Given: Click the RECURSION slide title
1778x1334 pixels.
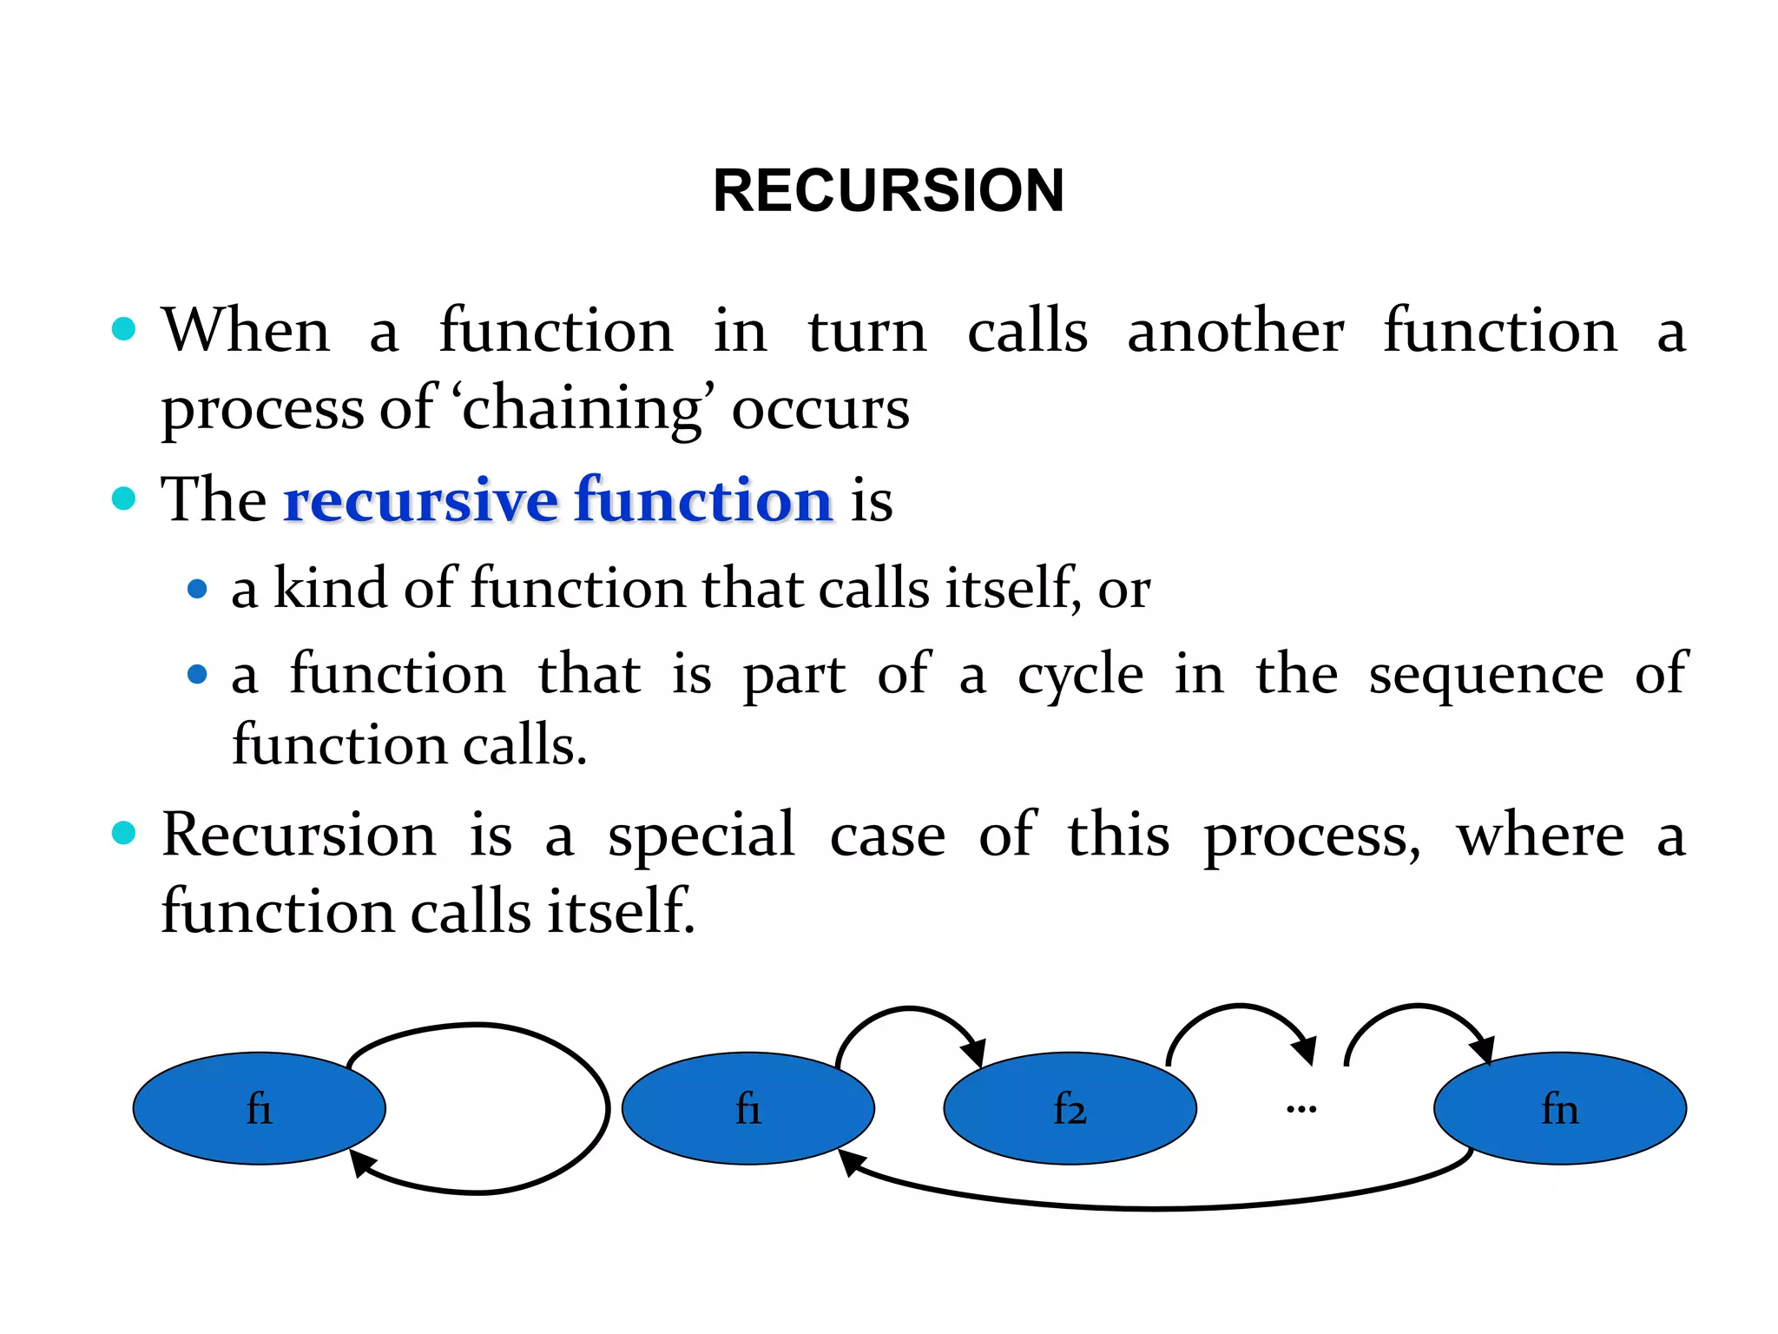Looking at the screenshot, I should click(888, 190).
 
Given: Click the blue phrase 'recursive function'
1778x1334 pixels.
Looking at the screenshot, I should click(558, 500).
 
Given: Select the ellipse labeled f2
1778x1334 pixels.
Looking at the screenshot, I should click(1070, 1108).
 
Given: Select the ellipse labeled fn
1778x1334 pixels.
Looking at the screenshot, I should click(1559, 1108).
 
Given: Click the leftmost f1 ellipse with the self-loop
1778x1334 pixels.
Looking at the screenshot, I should click(259, 1108).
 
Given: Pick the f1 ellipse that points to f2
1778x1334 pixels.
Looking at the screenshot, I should click(747, 1108).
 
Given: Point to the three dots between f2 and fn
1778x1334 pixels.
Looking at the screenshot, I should click(1301, 1109).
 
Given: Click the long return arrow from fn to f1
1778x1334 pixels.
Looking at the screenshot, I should click(1155, 1206).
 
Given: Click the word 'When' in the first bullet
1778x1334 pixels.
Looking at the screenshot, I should click(246, 331).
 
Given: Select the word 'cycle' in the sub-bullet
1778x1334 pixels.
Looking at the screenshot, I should click(1080, 675).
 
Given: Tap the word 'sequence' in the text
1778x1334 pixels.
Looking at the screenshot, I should click(1485, 675).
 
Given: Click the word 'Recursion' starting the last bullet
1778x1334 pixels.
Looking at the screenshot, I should click(299, 835).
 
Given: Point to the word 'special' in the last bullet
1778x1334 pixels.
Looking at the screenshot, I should click(701, 835).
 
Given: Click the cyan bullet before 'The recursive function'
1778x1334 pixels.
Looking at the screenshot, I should click(124, 499).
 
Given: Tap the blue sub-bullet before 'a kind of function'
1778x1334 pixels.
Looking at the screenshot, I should click(197, 590).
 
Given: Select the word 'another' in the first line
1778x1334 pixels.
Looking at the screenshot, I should click(1235, 331).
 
